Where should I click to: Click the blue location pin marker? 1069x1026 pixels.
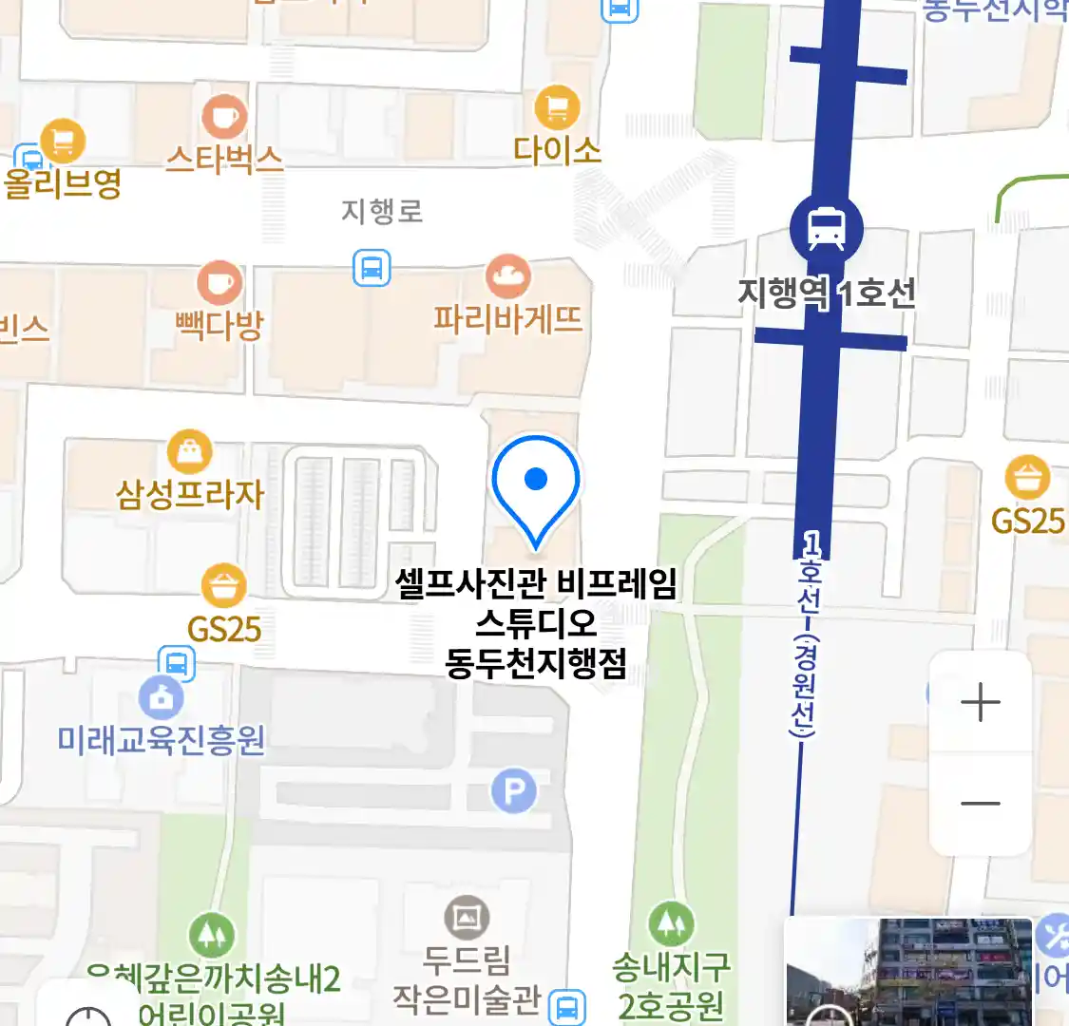pos(536,484)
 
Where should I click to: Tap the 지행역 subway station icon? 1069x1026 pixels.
pos(826,228)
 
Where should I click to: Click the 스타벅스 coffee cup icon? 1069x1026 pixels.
pos(224,118)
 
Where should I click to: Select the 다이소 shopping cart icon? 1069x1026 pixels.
pos(557,106)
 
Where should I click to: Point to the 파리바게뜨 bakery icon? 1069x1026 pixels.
pos(508,277)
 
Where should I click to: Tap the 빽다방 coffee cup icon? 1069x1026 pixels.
pos(220,283)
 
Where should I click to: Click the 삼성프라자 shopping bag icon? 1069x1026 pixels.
pos(189,451)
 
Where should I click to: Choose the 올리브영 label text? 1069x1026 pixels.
pos(63,182)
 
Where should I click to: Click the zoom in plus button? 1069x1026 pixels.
pos(980,703)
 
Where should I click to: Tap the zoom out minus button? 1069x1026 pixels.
pos(980,804)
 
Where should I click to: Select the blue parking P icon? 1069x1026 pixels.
pos(514,790)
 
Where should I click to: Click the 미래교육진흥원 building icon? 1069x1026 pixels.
pos(161,698)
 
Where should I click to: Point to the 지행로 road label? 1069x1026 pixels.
pos(381,211)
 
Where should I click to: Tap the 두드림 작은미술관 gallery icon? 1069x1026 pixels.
pos(467,918)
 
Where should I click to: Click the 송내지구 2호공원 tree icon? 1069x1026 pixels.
pos(671,923)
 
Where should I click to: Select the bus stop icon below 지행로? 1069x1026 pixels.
pos(372,268)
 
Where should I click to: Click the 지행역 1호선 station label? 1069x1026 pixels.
pos(827,293)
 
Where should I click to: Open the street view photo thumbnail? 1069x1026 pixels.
pos(908,971)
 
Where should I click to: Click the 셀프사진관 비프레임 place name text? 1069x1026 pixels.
pos(536,584)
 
